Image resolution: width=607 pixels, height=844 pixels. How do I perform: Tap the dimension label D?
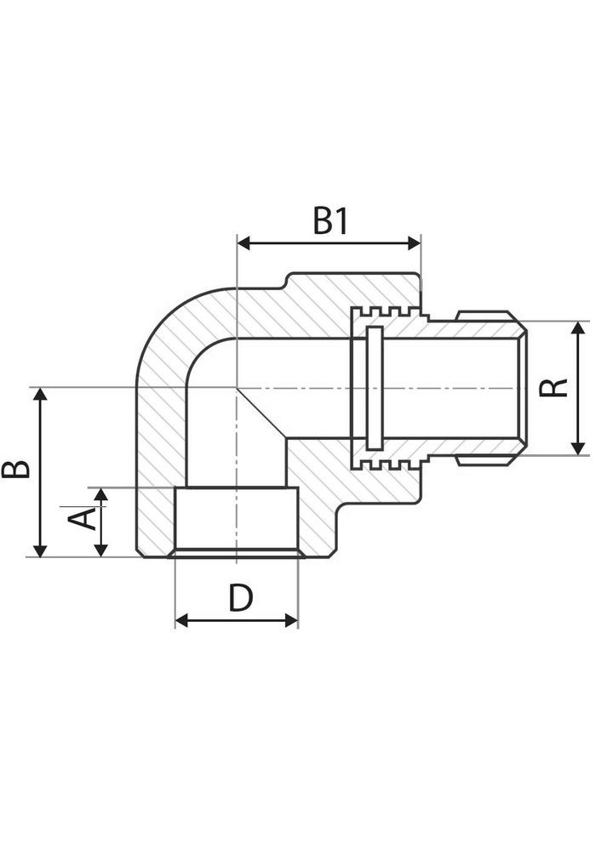click(241, 599)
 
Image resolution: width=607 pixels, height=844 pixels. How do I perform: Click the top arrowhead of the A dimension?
click(101, 494)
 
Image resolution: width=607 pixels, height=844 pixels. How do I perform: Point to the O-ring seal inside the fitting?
click(373, 387)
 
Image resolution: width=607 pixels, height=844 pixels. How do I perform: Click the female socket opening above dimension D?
click(236, 521)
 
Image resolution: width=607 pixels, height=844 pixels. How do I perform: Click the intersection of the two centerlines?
click(236, 388)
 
